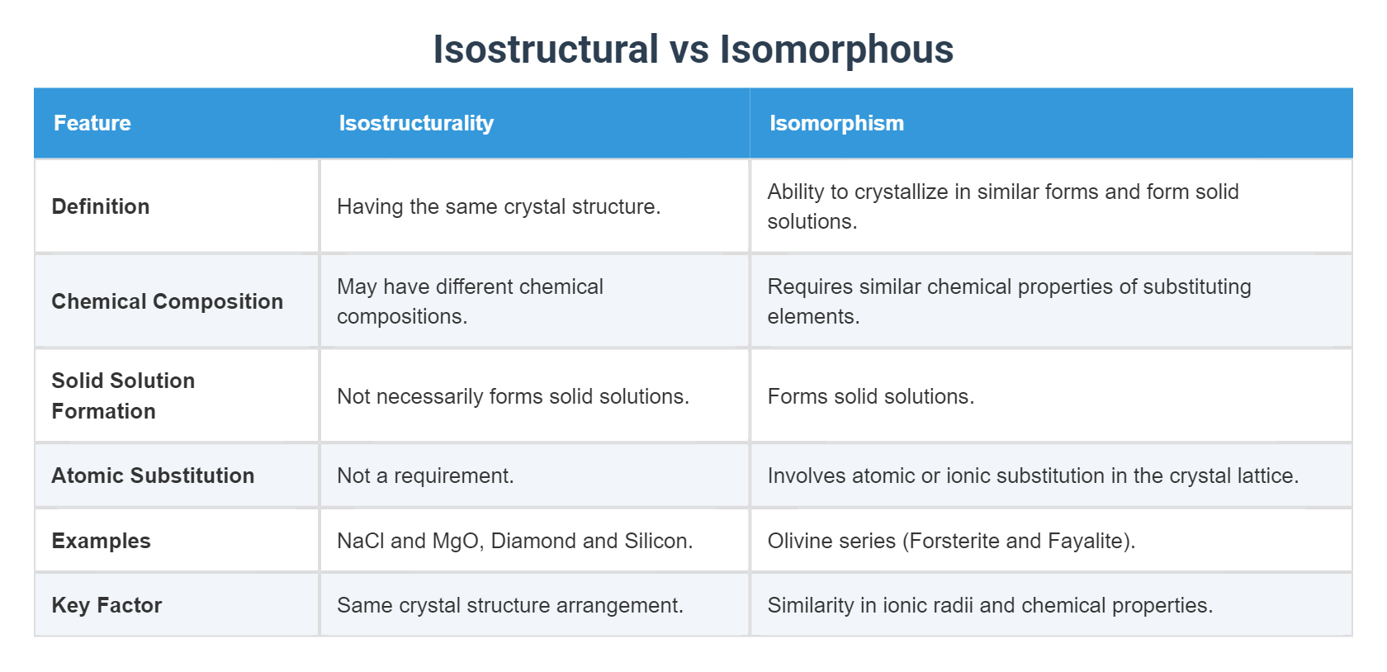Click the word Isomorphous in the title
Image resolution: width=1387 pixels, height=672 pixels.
[836, 50]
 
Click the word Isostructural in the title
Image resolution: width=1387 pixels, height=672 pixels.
[546, 50]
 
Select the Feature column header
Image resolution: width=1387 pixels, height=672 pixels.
[92, 123]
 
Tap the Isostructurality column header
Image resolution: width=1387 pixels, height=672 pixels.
[416, 123]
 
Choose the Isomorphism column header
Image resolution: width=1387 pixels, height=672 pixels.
[836, 123]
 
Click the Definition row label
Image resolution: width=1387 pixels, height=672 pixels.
[101, 206]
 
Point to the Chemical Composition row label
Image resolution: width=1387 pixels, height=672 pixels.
[167, 301]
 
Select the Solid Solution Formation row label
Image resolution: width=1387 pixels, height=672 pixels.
[123, 395]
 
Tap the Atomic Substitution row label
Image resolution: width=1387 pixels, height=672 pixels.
[153, 476]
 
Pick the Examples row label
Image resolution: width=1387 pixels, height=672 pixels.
[101, 541]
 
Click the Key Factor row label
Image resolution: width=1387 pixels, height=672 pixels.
[107, 605]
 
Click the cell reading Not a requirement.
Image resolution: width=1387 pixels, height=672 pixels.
[425, 476]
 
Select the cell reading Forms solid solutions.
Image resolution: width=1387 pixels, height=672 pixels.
[870, 396]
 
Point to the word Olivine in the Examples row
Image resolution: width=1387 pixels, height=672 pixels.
[798, 541]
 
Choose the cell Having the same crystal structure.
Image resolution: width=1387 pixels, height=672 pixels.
[499, 206]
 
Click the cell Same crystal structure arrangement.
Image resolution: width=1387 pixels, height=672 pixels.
[509, 605]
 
